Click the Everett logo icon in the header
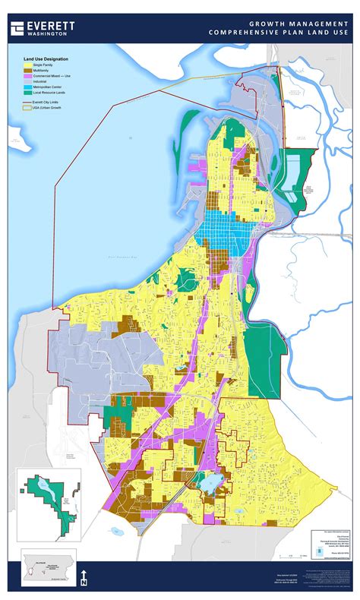[17, 28]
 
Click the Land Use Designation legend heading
[46, 58]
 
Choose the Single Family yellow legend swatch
[27, 65]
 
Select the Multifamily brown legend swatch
[27, 71]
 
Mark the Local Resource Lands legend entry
[53, 93]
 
